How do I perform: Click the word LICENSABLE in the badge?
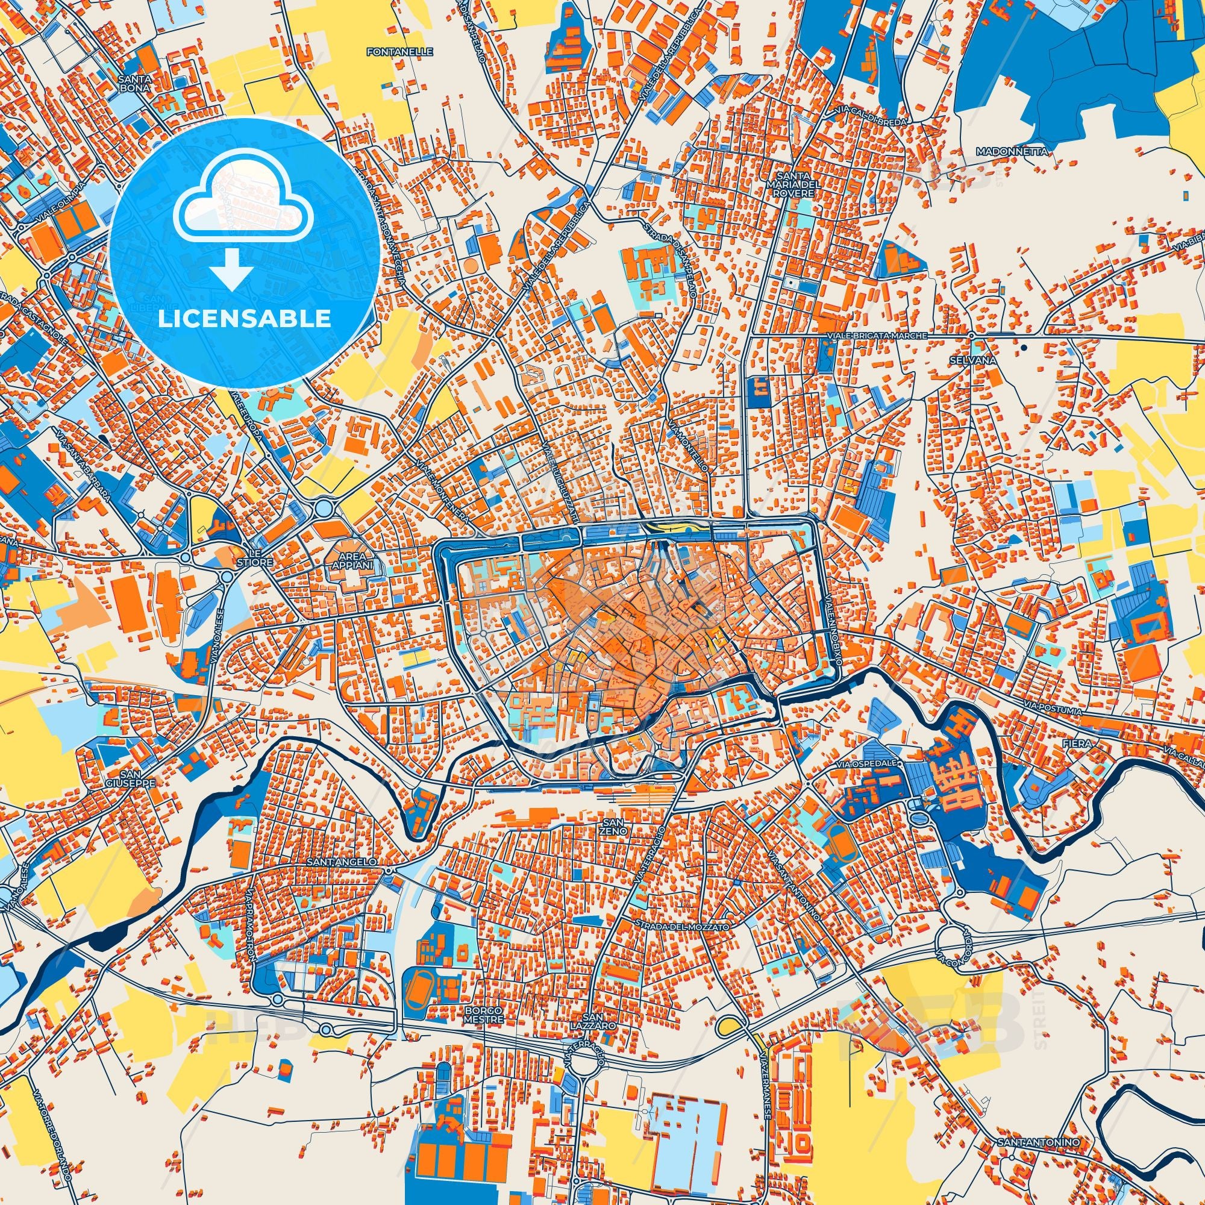click(x=245, y=319)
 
